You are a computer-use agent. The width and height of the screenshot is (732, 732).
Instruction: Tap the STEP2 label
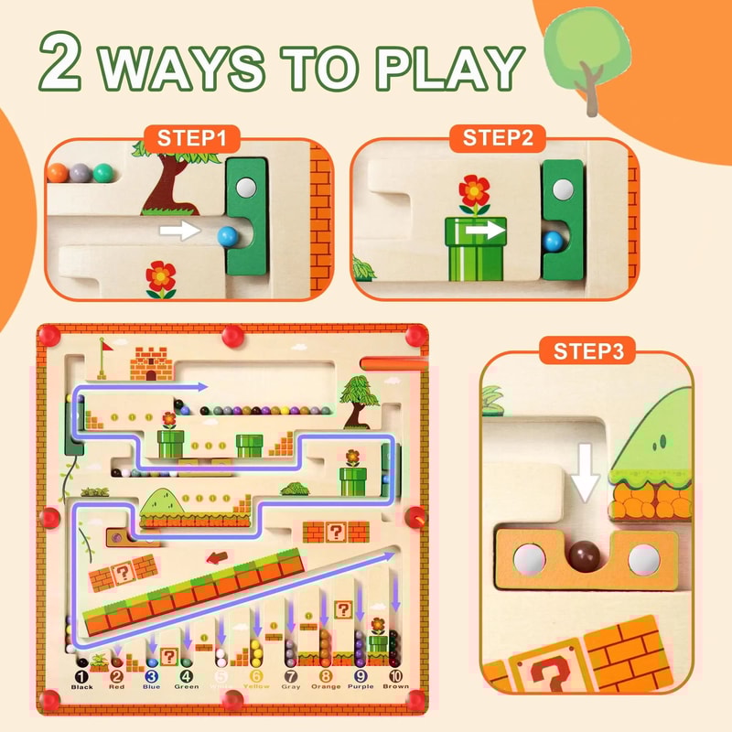pos(490,139)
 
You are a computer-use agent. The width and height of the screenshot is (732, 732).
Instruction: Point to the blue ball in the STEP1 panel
pos(226,236)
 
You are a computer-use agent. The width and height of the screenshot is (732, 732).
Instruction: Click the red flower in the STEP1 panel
pos(161,275)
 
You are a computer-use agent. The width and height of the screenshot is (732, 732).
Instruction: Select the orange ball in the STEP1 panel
pos(58,172)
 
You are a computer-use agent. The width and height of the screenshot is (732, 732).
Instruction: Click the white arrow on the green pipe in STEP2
pos(483,231)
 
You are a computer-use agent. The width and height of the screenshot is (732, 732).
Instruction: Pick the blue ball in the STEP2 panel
pos(552,241)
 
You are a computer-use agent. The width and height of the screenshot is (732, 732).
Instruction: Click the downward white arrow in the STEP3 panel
pos(583,472)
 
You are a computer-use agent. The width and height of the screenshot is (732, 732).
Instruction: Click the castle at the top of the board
pos(152,363)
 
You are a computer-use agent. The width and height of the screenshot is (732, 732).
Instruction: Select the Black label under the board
pos(82,686)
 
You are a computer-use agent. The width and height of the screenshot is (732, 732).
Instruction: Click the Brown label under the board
pos(394,686)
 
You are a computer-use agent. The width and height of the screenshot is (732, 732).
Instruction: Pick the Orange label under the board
pos(326,686)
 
